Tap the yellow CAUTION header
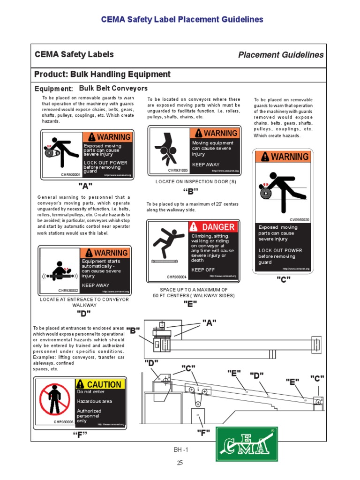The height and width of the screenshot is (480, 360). coord(100,384)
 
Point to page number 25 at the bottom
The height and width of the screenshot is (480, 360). coord(180,463)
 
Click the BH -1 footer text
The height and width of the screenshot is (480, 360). coord(180,450)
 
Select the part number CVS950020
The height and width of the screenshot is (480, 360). coord(300,219)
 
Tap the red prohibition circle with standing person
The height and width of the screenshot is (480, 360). coord(55,402)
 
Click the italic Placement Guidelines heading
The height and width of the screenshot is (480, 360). coord(281,55)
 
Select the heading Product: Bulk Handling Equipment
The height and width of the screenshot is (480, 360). coord(103,75)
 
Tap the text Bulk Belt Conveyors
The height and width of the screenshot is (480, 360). coord(113,88)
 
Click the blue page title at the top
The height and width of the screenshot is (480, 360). coord(182,20)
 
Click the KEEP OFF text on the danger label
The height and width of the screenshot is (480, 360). coord(203,270)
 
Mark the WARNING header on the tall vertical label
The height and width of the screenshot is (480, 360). coord(283,157)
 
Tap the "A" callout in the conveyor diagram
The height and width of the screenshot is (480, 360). coord(209,322)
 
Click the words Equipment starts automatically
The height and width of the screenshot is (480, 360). coord(101,264)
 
